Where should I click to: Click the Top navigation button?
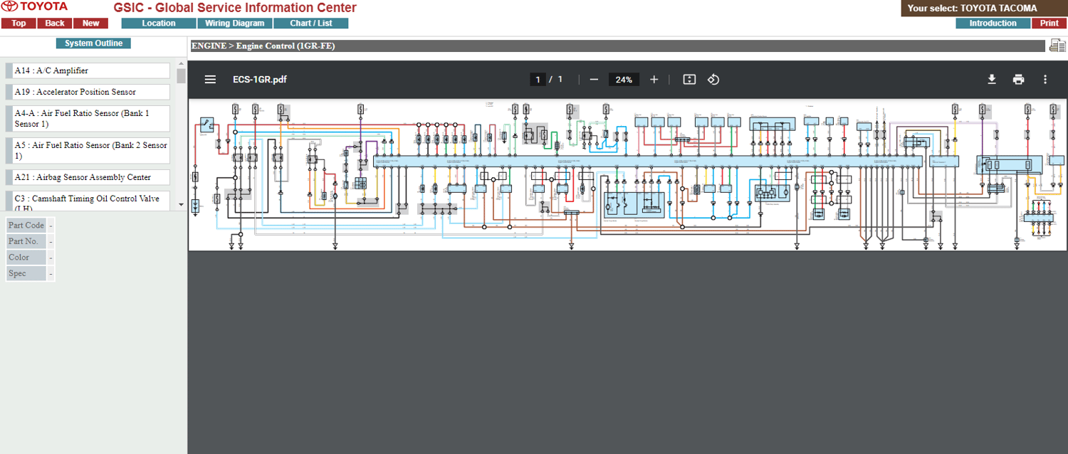click(x=19, y=23)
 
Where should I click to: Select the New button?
click(x=91, y=23)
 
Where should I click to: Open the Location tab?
click(x=159, y=23)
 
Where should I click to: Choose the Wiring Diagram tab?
click(x=234, y=23)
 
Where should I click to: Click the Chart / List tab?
click(x=311, y=23)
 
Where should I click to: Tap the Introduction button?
click(x=993, y=23)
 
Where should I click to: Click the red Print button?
click(x=1049, y=23)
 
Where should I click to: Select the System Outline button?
click(x=93, y=43)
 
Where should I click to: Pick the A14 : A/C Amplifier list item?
click(x=91, y=70)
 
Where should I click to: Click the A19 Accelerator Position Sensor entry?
click(x=91, y=92)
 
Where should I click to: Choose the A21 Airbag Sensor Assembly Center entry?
click(x=91, y=177)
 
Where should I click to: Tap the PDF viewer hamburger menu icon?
click(x=210, y=80)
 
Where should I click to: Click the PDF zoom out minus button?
click(x=594, y=80)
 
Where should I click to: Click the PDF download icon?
click(x=991, y=80)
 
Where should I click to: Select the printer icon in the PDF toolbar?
click(x=1018, y=80)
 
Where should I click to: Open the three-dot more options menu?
click(x=1045, y=80)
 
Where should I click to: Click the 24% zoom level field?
click(x=624, y=80)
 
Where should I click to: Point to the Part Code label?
click(x=26, y=226)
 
